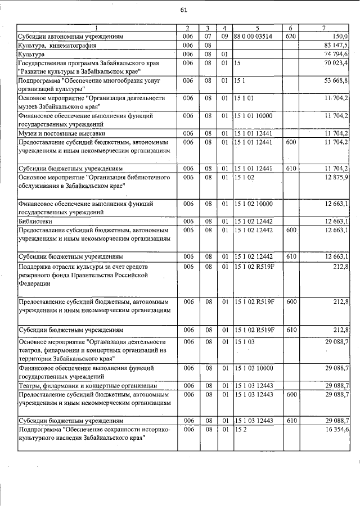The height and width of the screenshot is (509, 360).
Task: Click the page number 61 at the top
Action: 184,10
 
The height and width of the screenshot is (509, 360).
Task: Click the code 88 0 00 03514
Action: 252,36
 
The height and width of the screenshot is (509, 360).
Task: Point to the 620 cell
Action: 291,36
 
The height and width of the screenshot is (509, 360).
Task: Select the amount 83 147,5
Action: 336,45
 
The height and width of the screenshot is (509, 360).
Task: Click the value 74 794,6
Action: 336,53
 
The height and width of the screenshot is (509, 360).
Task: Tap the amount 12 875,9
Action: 336,177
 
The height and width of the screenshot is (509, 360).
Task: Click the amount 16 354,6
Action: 336,429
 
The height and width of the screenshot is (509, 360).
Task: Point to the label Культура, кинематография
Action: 57,45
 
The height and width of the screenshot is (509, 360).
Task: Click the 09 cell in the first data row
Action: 224,36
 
